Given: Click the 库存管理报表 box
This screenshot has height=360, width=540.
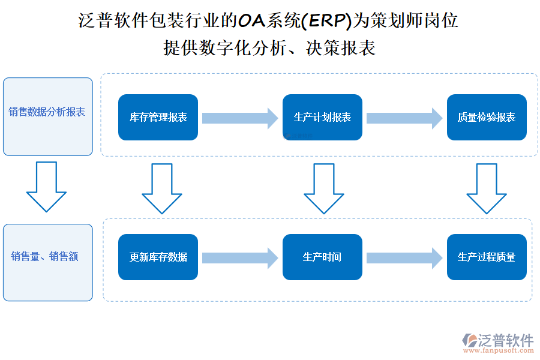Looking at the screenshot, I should pos(158,118).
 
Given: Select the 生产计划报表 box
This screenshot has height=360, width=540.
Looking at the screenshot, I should pos(322,118).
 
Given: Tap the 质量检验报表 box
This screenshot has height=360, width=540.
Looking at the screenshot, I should pos(487,118).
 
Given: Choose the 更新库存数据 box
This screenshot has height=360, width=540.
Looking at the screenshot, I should pos(158,257).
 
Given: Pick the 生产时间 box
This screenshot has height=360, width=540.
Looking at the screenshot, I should pos(322,257).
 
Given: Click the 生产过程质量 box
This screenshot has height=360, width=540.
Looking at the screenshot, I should pos(487,257).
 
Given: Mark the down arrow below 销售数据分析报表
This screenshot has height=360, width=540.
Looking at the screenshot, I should pos(46,186).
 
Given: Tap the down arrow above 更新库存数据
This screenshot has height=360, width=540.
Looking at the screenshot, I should pos(161,188).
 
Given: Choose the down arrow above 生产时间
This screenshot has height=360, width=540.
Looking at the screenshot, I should pos(324,188).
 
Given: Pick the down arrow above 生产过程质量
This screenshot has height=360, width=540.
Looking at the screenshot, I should pos(487,188).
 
